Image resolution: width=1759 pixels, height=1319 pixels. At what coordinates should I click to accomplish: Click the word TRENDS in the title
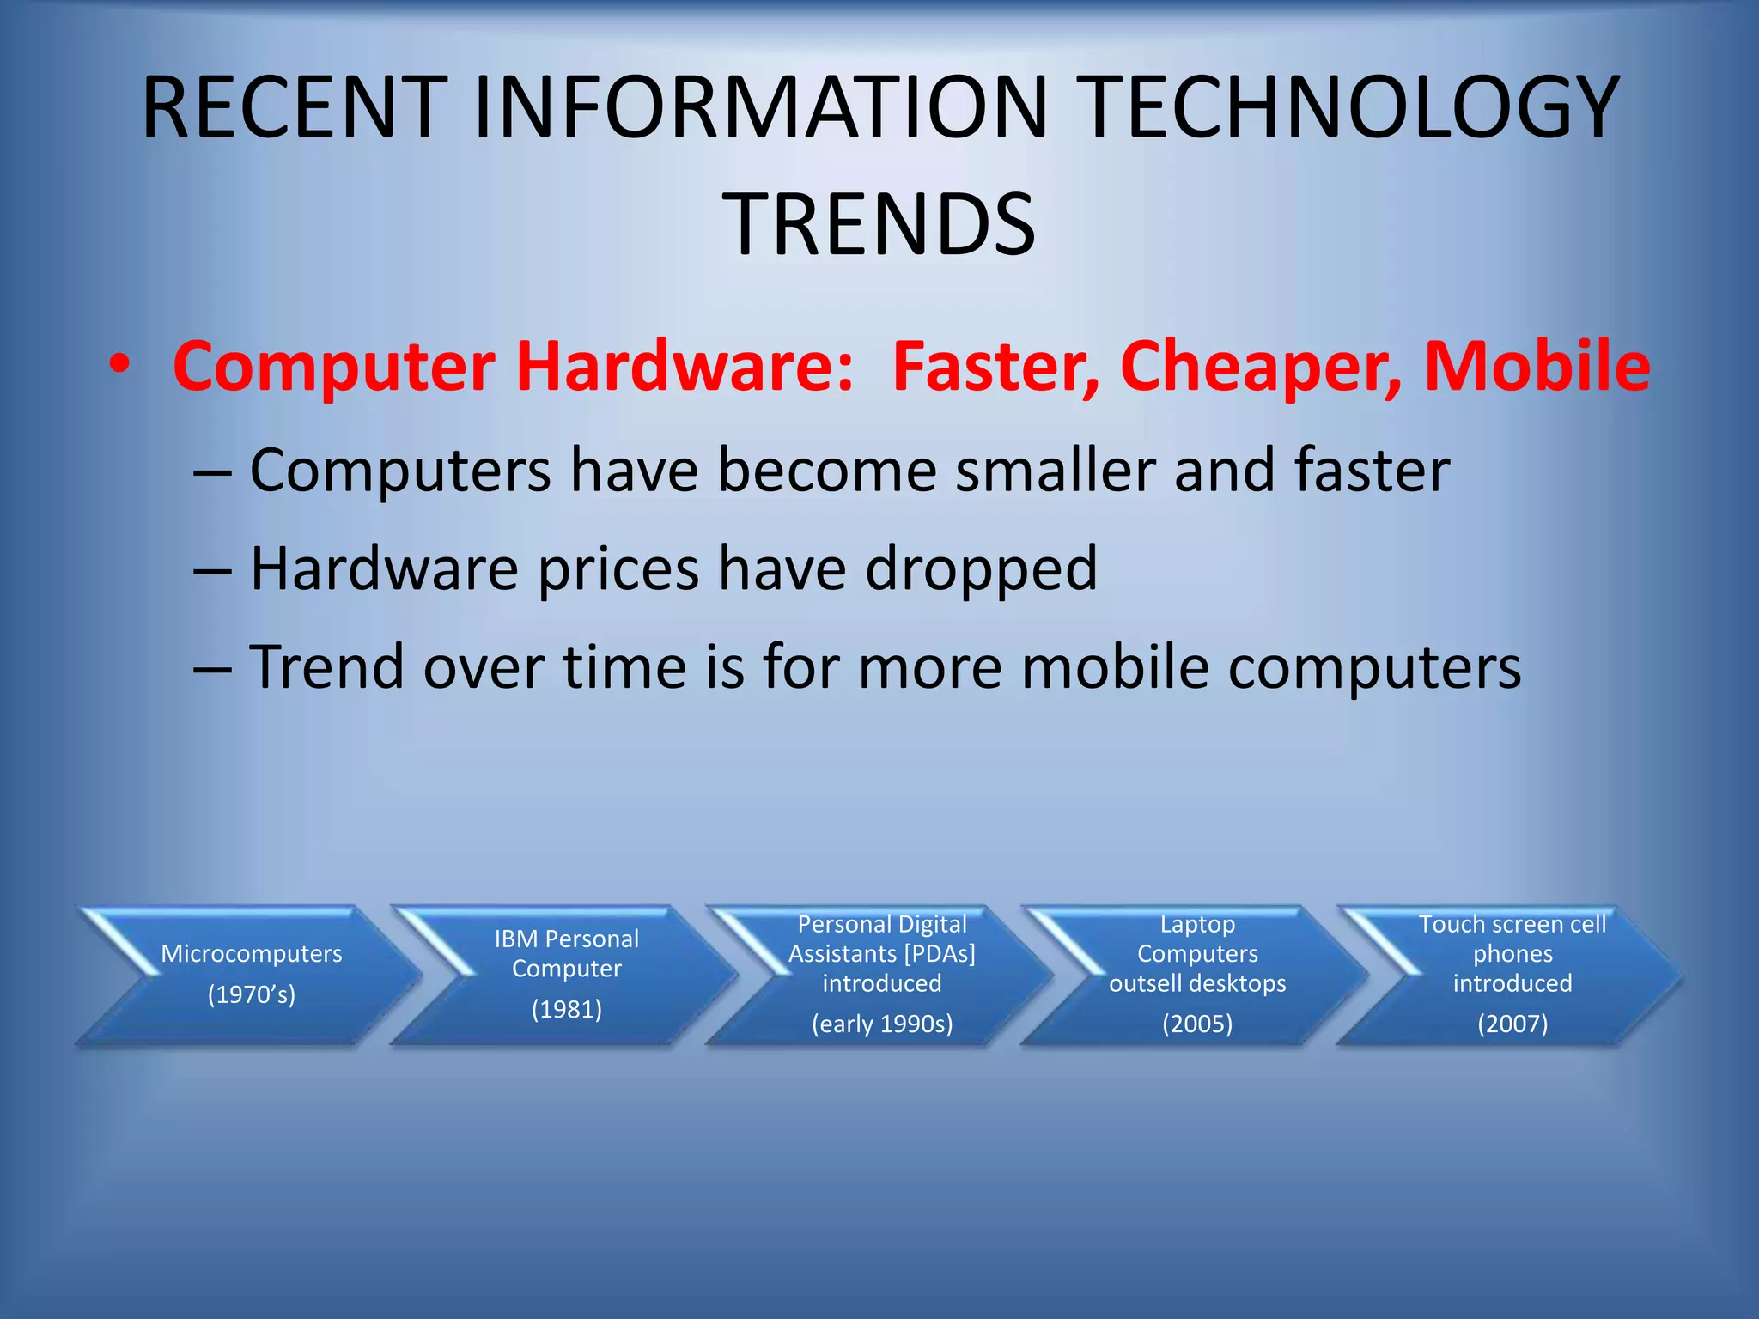882,225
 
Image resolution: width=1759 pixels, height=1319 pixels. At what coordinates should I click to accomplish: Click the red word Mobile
1537,367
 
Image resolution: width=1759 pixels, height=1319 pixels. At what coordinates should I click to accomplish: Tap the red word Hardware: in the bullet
685,367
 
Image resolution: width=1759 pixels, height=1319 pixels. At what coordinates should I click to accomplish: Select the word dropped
981,569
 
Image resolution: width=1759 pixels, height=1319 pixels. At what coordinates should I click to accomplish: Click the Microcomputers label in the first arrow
252,954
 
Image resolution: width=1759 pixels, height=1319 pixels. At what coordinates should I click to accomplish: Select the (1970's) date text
252,994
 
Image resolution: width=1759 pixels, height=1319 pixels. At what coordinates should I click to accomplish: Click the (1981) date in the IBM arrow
567,1009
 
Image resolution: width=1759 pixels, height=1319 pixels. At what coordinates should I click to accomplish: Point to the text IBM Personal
567,939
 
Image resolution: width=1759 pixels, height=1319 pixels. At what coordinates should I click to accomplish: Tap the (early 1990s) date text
882,1024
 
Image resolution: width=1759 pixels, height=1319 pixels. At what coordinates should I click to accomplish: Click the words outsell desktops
1197,983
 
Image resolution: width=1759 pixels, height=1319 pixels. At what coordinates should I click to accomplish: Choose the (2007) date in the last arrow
1512,1024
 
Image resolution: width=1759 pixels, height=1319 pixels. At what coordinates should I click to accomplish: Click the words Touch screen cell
1512,925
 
